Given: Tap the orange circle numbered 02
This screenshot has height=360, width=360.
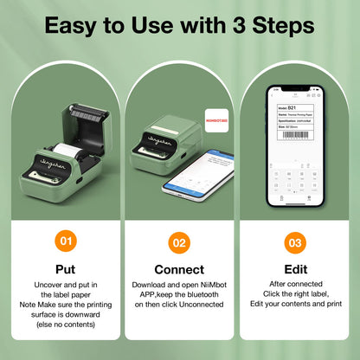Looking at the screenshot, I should tap(179, 243).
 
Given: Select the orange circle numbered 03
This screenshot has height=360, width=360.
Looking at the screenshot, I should tap(294, 243).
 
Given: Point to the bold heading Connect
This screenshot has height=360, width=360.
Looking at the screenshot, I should tap(179, 269).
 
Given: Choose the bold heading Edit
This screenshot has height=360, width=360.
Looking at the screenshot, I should tap(294, 269).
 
